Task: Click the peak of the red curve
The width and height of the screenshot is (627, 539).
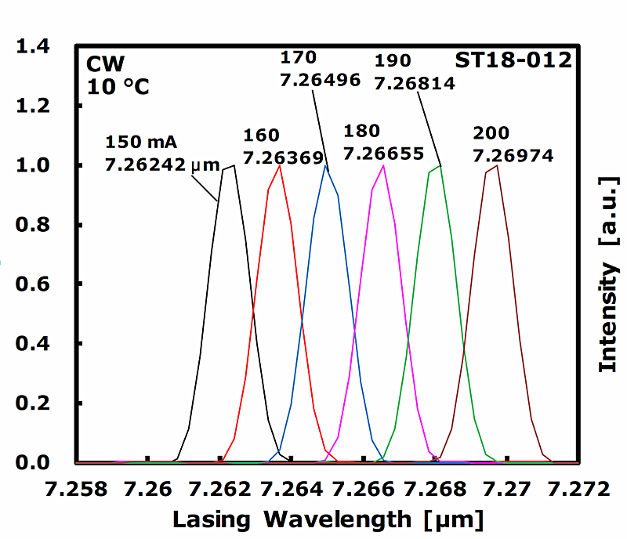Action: (280, 165)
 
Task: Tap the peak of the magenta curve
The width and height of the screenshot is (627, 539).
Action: (382, 165)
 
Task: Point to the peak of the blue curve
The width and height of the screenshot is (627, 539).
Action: (326, 165)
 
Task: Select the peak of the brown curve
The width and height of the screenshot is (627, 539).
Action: (497, 165)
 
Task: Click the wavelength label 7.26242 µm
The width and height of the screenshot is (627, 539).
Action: (153, 165)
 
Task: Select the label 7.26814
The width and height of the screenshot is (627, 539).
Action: (415, 82)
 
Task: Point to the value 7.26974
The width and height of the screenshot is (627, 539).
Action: (513, 155)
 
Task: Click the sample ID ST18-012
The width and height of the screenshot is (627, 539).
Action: (513, 60)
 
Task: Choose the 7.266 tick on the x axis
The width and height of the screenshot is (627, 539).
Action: (363, 490)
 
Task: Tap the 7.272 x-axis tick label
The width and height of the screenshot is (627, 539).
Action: (578, 490)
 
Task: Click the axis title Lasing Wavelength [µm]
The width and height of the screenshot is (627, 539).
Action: (328, 519)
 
